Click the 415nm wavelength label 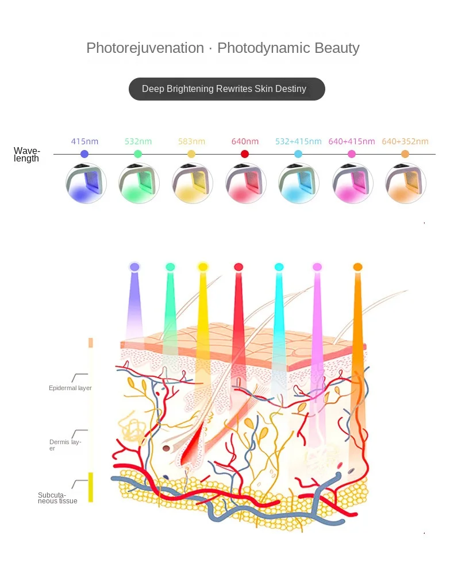[x=84, y=141]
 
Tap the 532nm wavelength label [x=138, y=141]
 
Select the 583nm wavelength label [x=191, y=141]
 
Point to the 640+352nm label [x=405, y=141]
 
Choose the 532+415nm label [x=298, y=141]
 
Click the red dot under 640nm [x=245, y=154]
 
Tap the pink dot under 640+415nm [x=352, y=154]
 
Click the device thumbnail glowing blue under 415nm [x=86, y=183]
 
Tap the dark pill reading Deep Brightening [x=226, y=89]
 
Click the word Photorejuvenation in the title [x=145, y=48]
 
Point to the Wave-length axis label [x=27, y=155]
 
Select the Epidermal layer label [x=70, y=388]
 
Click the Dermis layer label [x=65, y=444]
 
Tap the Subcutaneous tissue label [x=57, y=498]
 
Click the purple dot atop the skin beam [x=134, y=267]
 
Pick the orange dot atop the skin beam [x=357, y=267]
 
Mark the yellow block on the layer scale [x=90, y=487]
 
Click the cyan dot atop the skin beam [x=279, y=267]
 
